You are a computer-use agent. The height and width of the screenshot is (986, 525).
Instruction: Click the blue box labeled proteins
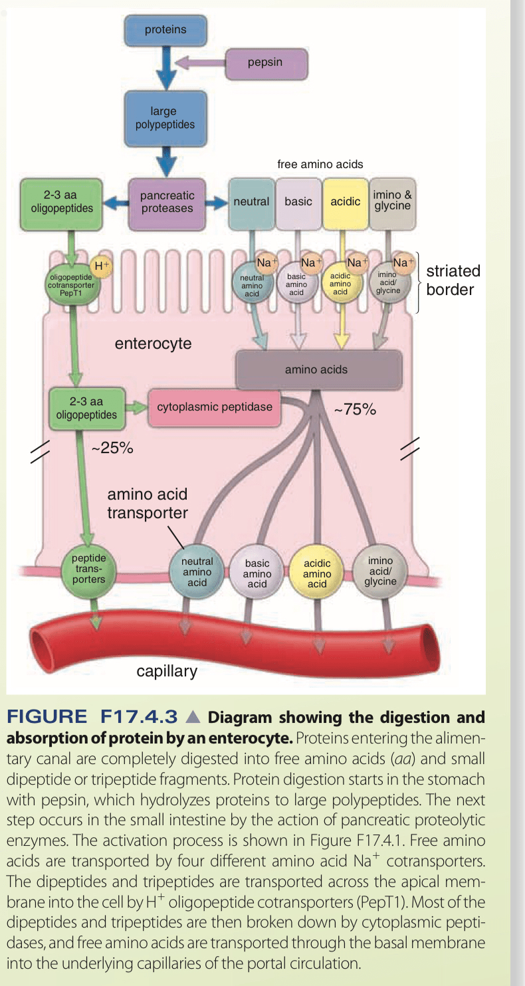[165, 30]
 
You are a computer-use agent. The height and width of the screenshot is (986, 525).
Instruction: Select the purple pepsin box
[266, 62]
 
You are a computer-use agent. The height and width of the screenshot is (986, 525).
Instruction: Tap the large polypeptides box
[165, 118]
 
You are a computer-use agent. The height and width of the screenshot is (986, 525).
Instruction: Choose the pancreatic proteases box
[167, 202]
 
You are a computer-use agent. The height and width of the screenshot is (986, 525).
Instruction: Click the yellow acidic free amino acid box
[345, 201]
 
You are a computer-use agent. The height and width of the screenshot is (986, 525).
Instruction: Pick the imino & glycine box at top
[392, 201]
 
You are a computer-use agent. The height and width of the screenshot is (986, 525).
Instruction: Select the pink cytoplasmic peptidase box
[214, 406]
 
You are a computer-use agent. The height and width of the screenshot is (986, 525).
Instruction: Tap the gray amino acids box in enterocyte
[318, 369]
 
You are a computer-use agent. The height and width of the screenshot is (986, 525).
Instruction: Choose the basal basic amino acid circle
[257, 573]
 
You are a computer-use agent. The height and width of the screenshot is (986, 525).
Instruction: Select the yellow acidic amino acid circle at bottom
[317, 573]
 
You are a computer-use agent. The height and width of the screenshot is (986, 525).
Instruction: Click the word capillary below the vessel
[167, 671]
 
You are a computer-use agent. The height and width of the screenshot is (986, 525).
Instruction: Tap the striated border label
[453, 280]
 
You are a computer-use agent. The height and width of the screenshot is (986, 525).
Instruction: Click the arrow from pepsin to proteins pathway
[200, 63]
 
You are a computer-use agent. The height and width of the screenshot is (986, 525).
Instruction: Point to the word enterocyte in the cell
[153, 344]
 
